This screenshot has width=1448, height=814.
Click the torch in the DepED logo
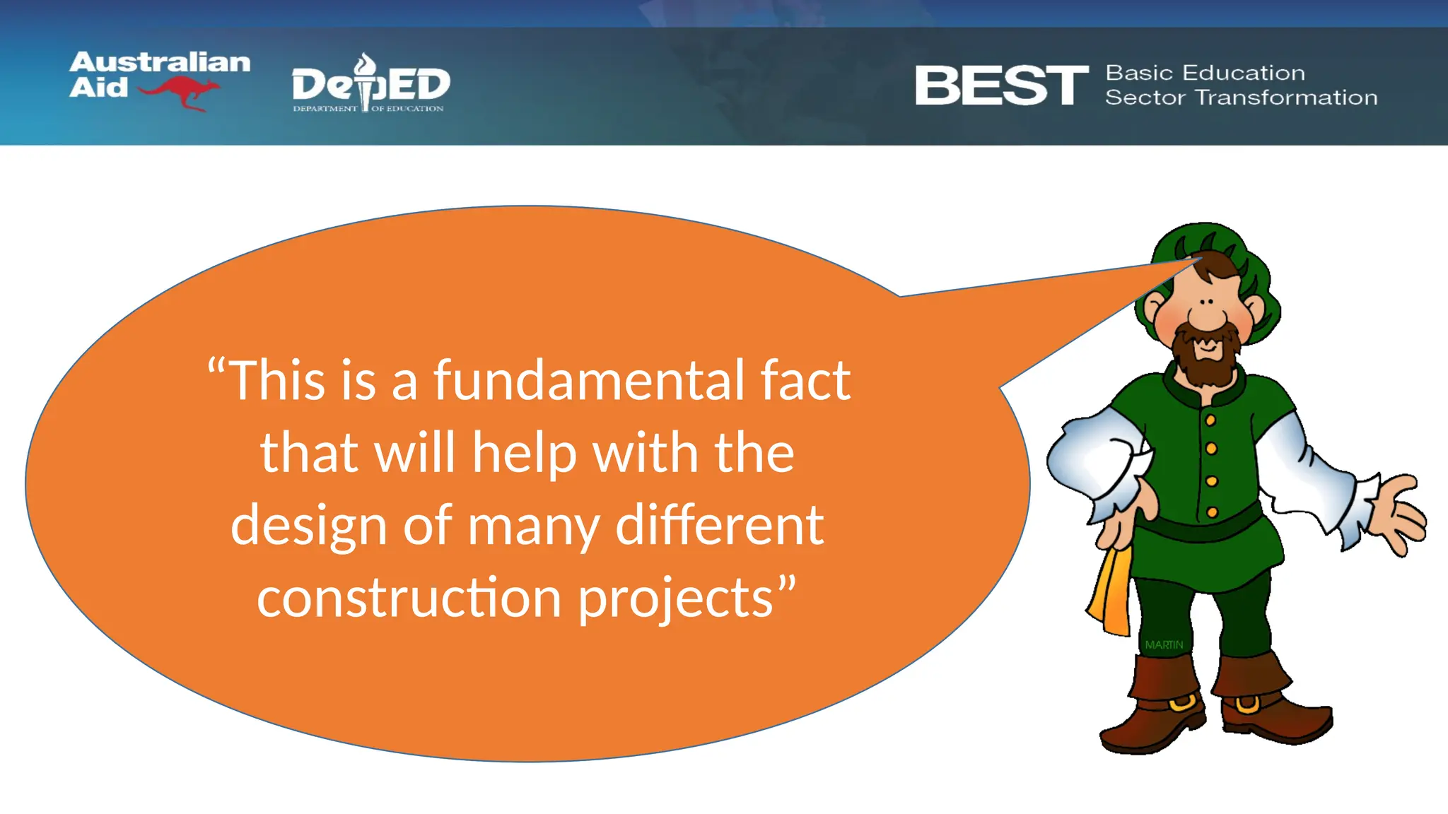point(366,81)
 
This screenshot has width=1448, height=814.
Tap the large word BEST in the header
point(1001,85)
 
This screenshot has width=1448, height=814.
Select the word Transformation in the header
point(1286,98)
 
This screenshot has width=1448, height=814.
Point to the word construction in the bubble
point(409,598)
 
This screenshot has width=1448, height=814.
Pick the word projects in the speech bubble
point(677,599)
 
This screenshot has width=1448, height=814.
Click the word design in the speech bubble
point(308,526)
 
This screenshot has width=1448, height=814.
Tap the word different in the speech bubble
point(719,525)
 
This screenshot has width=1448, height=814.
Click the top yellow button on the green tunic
point(1210,420)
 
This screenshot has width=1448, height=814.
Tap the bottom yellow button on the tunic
point(1212,512)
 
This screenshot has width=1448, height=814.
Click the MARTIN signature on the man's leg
point(1164,645)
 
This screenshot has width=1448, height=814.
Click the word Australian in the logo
point(160,62)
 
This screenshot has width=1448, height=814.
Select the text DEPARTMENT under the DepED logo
point(325,109)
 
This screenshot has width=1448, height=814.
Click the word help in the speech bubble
point(523,454)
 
